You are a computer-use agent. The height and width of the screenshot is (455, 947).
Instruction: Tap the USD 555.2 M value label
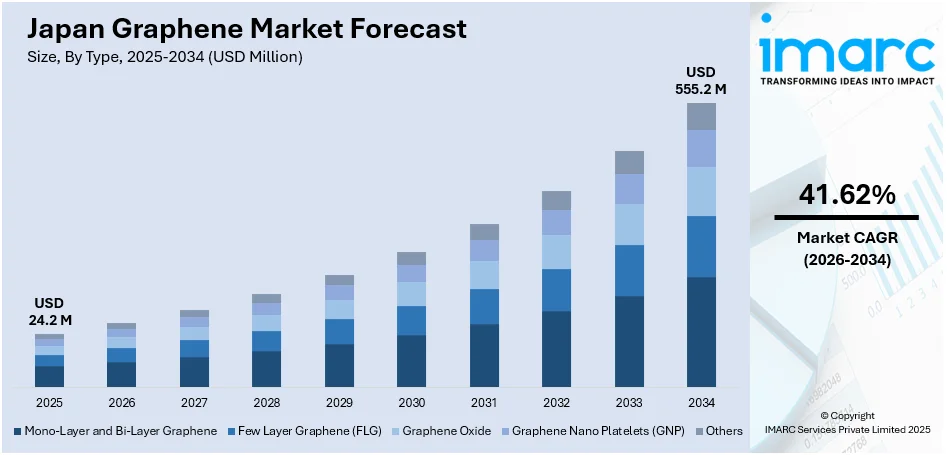coord(700,80)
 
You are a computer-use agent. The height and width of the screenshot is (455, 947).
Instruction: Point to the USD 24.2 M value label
coord(49,312)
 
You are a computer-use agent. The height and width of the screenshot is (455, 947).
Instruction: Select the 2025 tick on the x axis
coord(49,402)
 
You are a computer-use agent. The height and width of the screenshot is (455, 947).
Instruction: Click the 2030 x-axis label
coord(411,402)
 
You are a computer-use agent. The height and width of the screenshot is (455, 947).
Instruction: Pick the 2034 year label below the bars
coord(701,402)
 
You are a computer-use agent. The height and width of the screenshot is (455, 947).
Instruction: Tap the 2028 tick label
coord(266,402)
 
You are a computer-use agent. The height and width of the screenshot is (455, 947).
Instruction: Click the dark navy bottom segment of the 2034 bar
coord(701,332)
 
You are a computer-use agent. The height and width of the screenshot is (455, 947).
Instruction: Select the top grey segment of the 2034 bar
coord(701,116)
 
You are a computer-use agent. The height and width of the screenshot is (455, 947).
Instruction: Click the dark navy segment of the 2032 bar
coord(556,349)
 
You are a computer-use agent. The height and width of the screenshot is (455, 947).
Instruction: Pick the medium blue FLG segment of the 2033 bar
coord(629,270)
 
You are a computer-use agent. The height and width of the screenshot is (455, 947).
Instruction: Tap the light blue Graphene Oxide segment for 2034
coord(701,191)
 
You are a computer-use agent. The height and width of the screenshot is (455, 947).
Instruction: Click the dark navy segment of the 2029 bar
coord(339,365)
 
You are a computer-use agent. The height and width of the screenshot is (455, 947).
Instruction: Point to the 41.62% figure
coord(846,196)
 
